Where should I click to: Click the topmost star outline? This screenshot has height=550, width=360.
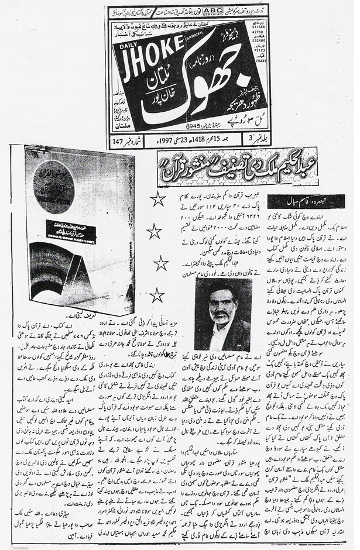pyautogui.click(x=157, y=200)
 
